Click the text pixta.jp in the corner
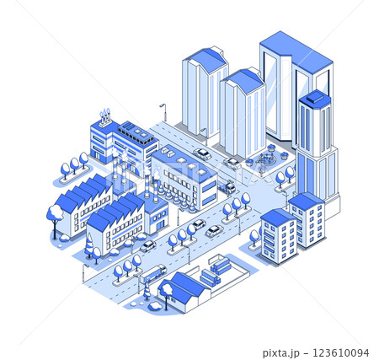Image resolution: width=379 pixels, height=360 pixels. tap(281, 352)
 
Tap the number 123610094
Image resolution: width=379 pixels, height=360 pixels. tap(340, 352)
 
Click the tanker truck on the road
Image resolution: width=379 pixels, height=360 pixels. tap(153, 273)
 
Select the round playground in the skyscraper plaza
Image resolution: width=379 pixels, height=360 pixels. tap(265, 159)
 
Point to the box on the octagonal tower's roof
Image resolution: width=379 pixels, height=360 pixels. tap(314, 98)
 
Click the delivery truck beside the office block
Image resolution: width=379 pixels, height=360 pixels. tap(227, 186)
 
